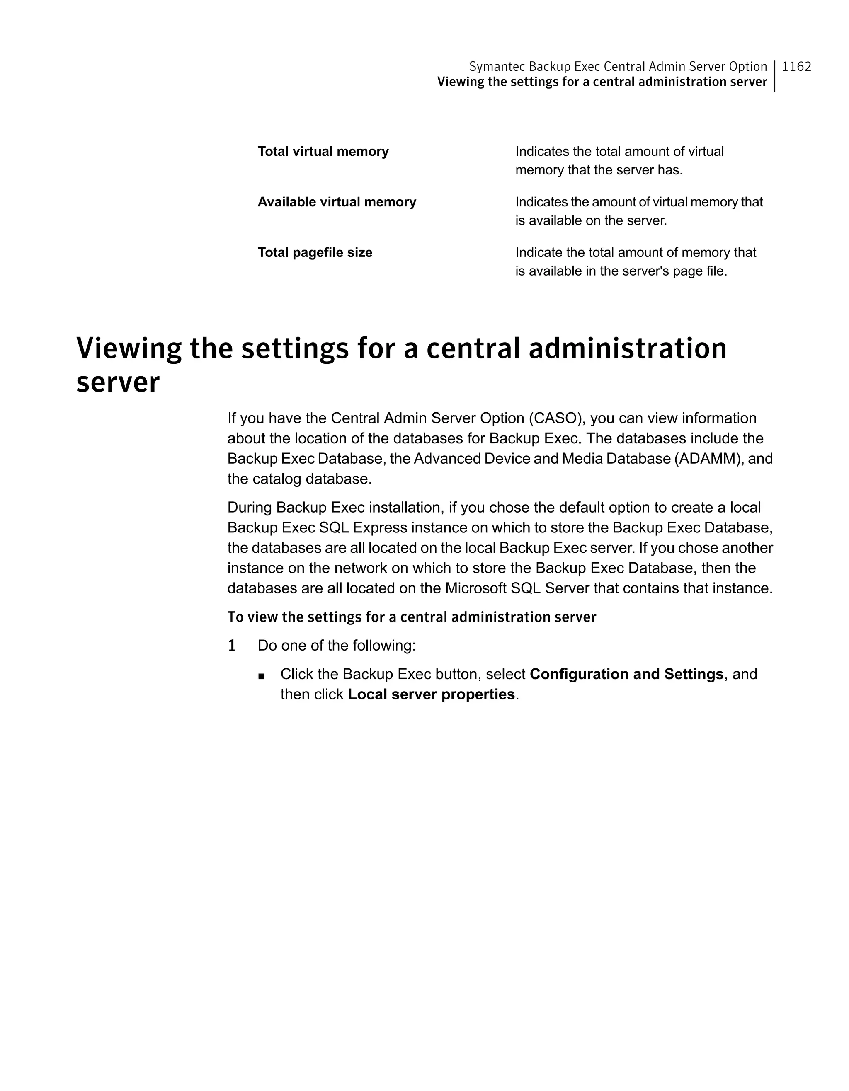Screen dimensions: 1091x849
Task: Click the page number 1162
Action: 796,66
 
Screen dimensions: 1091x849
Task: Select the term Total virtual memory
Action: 323,151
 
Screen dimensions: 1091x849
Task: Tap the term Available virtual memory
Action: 336,202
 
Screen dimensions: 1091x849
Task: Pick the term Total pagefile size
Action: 315,252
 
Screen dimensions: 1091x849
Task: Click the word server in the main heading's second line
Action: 118,383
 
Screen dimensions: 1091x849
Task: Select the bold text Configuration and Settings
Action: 626,675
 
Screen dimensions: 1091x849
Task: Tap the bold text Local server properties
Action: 431,694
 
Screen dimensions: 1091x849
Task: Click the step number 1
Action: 232,646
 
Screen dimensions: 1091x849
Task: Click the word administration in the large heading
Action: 627,348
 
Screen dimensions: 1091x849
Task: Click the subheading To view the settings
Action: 411,617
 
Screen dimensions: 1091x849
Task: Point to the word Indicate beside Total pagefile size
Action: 539,252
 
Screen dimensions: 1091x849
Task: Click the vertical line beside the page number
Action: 774,76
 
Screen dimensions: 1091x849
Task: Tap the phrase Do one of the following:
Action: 336,646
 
